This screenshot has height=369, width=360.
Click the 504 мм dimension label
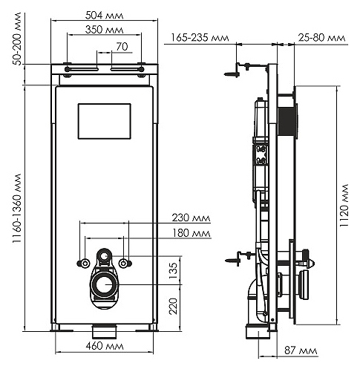(x=104, y=16)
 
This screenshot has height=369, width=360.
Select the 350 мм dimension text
(x=104, y=30)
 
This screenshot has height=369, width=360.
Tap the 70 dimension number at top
(x=122, y=47)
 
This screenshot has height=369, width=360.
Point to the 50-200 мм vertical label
(x=18, y=39)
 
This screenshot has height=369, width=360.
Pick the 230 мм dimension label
(x=191, y=218)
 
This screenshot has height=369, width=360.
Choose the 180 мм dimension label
(x=191, y=233)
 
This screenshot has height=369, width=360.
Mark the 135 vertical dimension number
(x=173, y=270)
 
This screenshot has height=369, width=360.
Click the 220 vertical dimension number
(x=173, y=306)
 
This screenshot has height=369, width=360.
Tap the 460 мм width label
(x=105, y=346)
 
